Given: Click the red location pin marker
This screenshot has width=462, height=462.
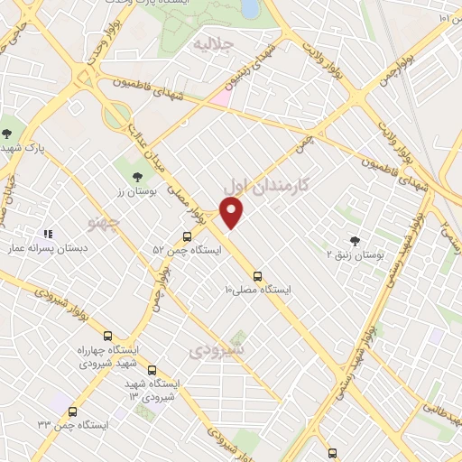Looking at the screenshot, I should coord(233,213).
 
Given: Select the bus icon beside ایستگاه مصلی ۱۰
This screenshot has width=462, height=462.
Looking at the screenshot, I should coord(258,276).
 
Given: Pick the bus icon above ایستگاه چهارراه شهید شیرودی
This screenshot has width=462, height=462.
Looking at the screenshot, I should coord(108,336).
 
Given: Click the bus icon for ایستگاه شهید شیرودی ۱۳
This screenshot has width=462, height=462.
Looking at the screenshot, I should coord(151,370).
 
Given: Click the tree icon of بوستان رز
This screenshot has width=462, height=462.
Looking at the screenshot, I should coord(137,178).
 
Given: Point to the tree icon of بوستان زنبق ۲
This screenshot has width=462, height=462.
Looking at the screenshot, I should coord(354,241).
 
